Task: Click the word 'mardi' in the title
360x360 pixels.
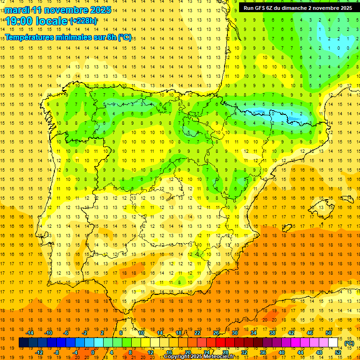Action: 18,10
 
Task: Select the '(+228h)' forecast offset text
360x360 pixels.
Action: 83,21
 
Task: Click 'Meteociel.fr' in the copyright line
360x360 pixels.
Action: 221,357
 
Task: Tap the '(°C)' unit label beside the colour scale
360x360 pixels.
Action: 349,343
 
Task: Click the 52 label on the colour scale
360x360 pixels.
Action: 338,352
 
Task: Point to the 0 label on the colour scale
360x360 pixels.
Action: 93,352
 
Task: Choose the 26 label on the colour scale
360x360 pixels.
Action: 216,333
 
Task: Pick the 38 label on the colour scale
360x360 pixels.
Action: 272,333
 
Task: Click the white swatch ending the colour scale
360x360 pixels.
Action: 333,343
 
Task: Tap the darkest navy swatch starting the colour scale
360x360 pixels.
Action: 23,343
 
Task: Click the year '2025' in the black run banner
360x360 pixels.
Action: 346,8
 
